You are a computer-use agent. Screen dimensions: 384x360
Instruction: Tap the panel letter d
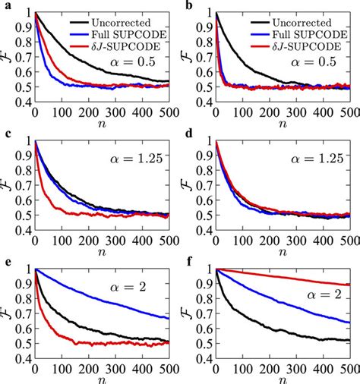(187, 134)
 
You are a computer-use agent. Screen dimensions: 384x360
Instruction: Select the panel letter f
(187, 262)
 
